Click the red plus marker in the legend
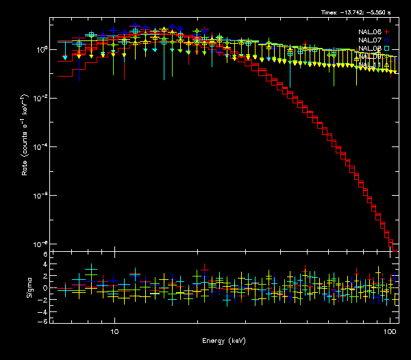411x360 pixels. click(387, 32)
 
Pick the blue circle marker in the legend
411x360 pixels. click(387, 40)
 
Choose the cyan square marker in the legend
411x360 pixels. click(387, 49)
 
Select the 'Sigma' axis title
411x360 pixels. click(29, 287)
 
